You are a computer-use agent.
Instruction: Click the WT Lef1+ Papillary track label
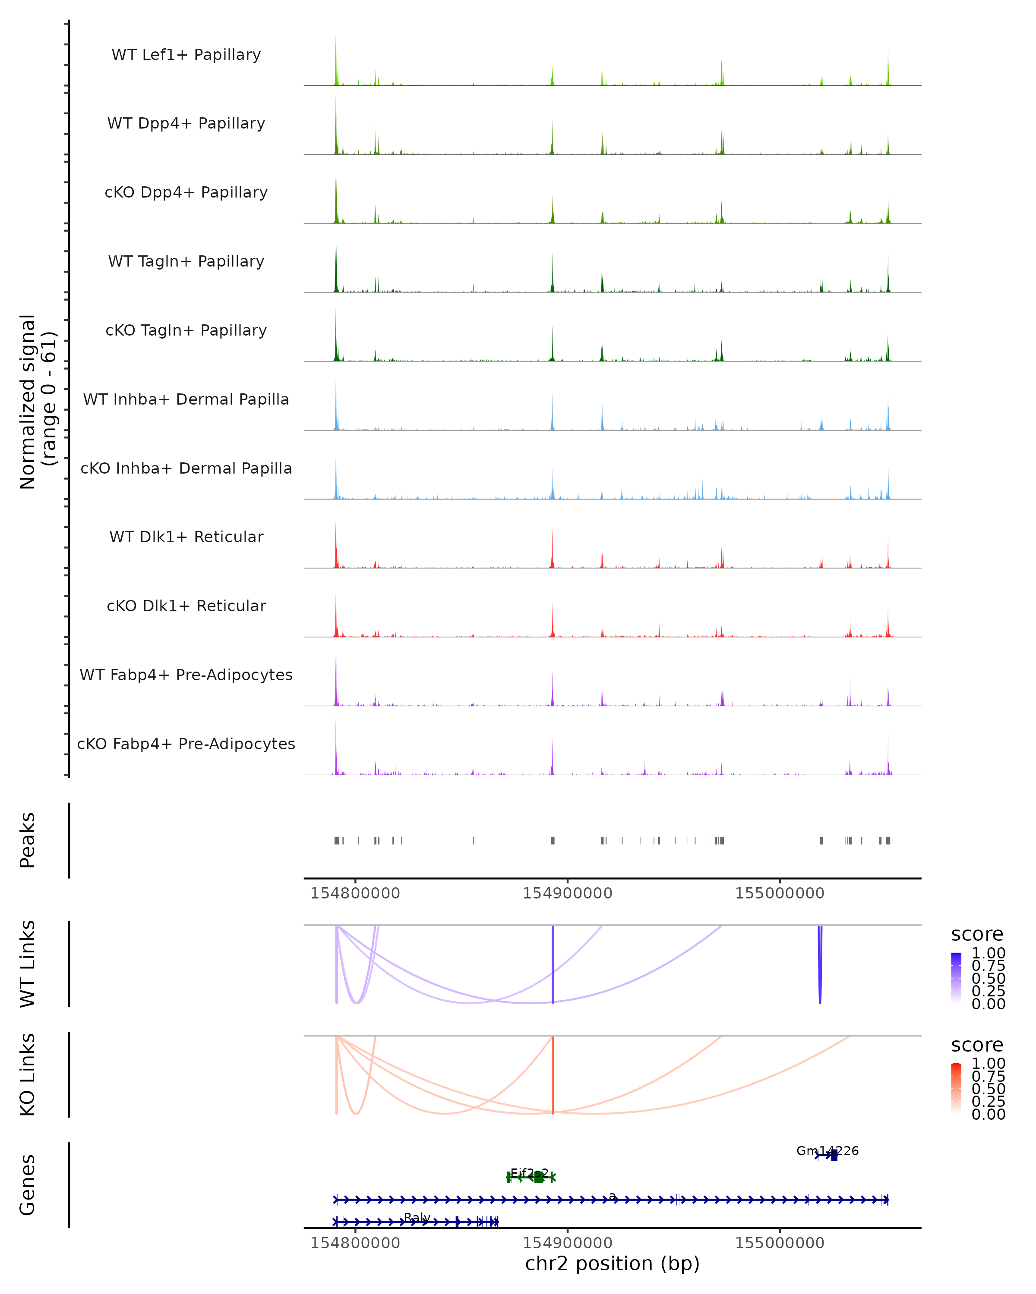(186, 55)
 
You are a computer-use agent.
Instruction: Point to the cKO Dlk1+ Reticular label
(186, 606)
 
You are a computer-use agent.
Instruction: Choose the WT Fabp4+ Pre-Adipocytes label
(186, 675)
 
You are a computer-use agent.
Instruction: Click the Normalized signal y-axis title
(37, 402)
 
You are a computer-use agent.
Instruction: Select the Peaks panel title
(28, 840)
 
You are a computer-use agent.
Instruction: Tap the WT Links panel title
(28, 964)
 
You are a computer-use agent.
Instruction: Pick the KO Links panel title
(28, 1075)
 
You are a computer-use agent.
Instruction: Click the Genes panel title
(28, 1185)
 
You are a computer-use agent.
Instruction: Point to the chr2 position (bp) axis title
(612, 1263)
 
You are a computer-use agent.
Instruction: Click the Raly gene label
(417, 1218)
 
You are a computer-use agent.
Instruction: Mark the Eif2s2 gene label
(529, 1173)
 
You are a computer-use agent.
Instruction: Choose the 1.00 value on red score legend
(988, 1064)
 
